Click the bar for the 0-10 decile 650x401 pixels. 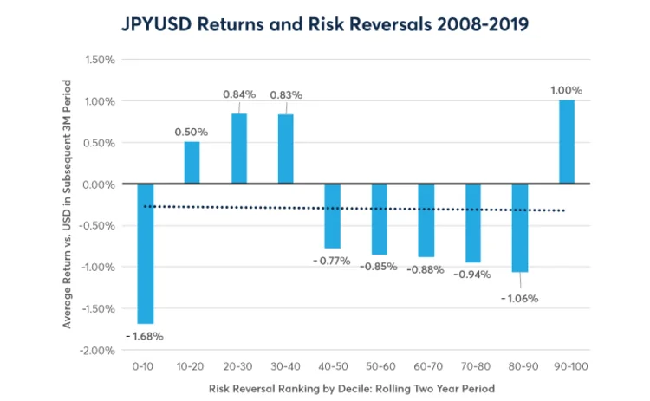coord(145,253)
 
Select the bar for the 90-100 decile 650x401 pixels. coord(566,142)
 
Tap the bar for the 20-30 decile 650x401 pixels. coord(238,149)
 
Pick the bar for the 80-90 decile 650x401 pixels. coord(519,228)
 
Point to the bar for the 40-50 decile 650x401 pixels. coord(332,216)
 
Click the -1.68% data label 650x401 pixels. coord(144,336)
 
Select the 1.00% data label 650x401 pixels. coord(566,90)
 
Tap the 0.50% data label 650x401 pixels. coord(192,131)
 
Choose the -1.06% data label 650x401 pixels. coord(519,298)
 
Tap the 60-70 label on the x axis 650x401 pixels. coord(426,367)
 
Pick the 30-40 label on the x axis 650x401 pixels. coord(285,367)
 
